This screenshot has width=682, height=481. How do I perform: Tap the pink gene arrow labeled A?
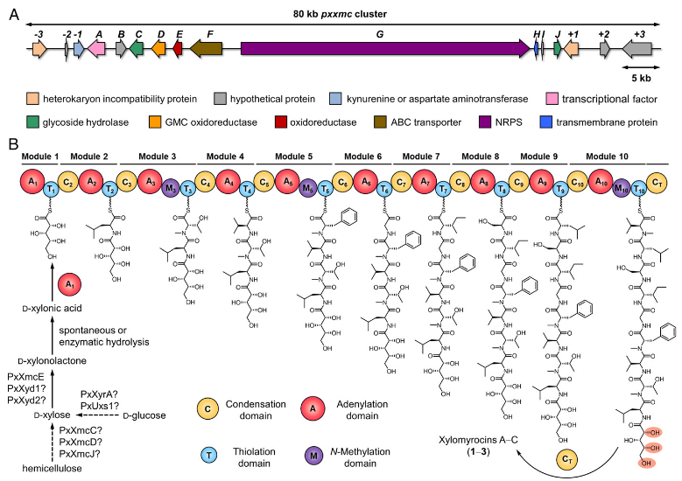pos(99,50)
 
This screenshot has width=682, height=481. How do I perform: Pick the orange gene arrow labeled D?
pos(159,50)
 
